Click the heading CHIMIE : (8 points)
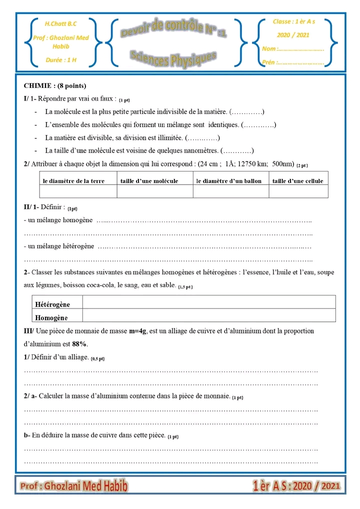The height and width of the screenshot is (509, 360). (55, 86)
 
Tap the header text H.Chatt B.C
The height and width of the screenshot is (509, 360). (60, 23)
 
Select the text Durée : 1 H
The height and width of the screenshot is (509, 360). (60, 60)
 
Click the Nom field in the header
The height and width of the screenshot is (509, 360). (293, 49)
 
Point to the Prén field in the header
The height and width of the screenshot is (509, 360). (293, 62)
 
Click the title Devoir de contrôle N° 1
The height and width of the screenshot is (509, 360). (173, 29)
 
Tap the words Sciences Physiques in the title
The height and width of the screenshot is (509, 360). (173, 58)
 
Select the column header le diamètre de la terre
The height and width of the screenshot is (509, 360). (73, 181)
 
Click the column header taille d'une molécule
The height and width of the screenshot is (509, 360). (149, 181)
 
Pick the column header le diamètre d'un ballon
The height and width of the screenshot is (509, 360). (229, 181)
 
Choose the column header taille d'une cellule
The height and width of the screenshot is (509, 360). (297, 181)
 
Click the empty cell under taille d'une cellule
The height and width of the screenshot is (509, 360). (298, 191)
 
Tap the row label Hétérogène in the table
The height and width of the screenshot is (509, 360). (52, 304)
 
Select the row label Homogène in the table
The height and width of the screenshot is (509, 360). (51, 317)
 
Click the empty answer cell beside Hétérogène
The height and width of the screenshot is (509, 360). (208, 302)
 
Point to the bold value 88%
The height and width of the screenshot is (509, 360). (79, 344)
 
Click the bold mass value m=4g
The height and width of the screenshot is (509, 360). (138, 331)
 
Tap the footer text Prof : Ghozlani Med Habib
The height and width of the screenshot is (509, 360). (74, 485)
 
